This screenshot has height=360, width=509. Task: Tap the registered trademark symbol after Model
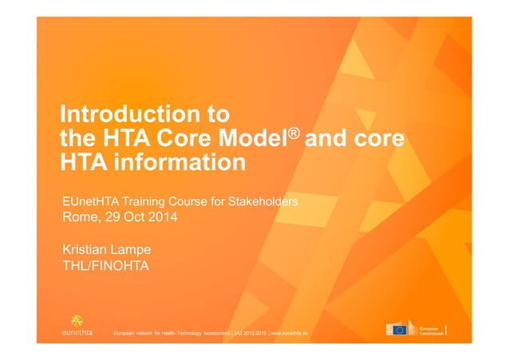[299, 129]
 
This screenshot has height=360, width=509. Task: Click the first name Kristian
[88, 250]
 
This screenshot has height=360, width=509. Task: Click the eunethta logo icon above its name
[77, 318]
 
